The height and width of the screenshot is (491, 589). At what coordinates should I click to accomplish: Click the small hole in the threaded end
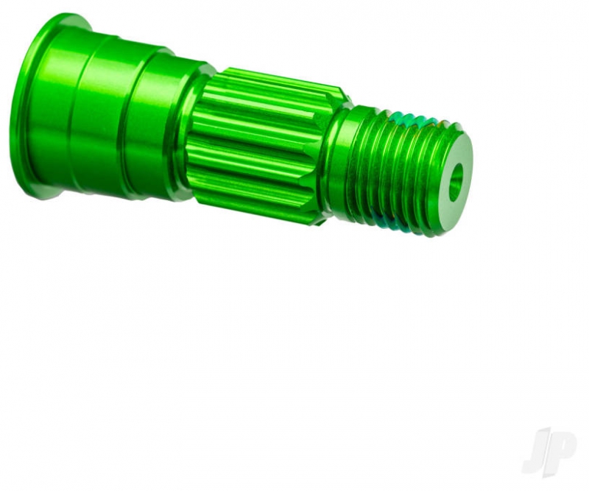(x=456, y=183)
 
